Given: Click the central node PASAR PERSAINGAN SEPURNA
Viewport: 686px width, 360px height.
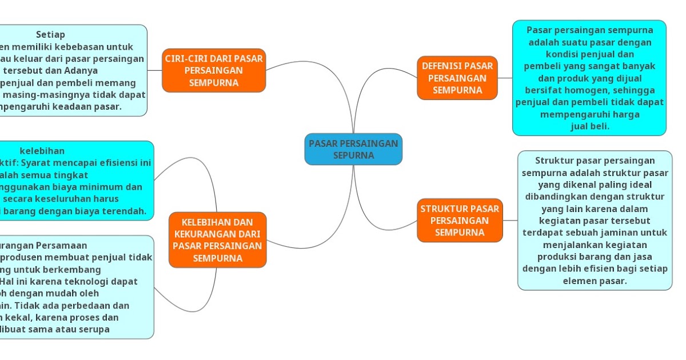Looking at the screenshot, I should [x=353, y=149].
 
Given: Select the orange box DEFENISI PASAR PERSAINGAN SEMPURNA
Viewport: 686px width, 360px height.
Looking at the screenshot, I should [x=457, y=78].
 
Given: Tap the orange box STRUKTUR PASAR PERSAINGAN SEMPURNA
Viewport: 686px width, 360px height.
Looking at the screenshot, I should [x=460, y=221].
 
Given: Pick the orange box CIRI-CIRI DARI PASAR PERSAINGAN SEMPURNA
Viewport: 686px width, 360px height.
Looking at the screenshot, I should [x=214, y=70].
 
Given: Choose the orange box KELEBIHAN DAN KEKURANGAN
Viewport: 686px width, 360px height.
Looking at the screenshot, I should [x=217, y=240].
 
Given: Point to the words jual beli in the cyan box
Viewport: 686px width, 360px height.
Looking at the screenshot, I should [x=590, y=126].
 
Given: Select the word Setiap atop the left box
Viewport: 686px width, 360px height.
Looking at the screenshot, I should [x=50, y=35].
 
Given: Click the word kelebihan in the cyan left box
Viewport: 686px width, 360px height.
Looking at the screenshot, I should [x=42, y=151].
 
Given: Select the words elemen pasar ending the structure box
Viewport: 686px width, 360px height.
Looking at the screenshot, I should [x=595, y=281].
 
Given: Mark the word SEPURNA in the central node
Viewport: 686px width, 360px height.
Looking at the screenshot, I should [x=353, y=155].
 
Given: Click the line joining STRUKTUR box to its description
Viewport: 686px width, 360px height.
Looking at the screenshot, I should [x=510, y=221].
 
